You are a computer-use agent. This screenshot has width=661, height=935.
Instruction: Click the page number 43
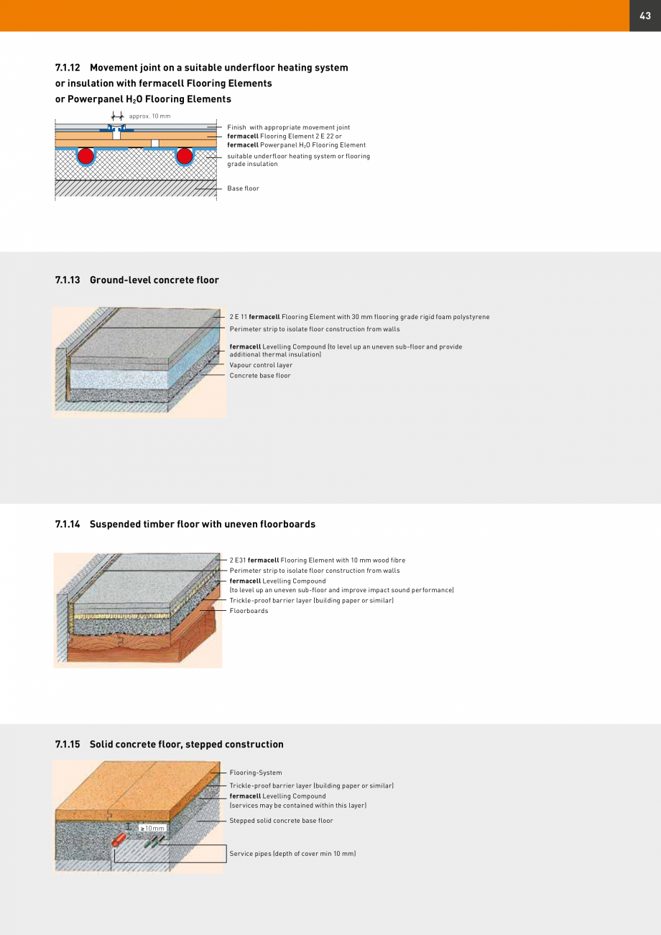click(x=644, y=16)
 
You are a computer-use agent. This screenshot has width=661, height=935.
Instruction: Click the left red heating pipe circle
click(x=86, y=156)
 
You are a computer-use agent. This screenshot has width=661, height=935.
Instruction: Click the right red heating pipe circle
click(x=185, y=156)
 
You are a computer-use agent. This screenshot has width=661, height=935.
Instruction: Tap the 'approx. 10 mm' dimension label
click(x=149, y=116)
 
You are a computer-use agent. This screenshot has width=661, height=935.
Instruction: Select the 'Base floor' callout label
click(x=243, y=188)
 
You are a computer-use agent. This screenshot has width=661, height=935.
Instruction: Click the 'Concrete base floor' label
click(x=260, y=376)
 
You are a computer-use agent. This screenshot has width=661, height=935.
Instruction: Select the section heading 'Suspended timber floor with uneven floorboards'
click(x=202, y=524)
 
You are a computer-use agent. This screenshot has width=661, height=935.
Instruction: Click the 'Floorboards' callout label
click(x=249, y=611)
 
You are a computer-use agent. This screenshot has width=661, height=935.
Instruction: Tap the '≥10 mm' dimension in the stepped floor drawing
click(x=152, y=829)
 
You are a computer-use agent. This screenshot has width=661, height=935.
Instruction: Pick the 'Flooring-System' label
click(x=256, y=773)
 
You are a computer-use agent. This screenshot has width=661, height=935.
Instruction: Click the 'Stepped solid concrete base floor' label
click(x=281, y=821)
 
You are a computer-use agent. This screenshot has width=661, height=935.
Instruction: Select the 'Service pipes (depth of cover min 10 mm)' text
click(x=292, y=854)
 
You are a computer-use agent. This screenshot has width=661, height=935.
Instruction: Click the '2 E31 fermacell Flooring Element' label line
click(x=317, y=560)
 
